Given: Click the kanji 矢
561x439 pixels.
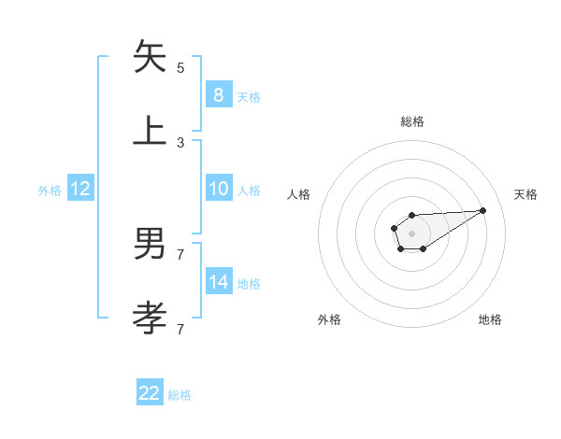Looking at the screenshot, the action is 151,57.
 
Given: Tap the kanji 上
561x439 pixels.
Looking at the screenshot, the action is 151,131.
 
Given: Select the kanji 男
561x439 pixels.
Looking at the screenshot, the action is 151,244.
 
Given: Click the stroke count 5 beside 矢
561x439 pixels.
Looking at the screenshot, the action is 180,68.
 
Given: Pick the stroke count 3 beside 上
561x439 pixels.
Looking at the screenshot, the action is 180,143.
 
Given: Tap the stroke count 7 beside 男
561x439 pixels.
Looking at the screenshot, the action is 180,254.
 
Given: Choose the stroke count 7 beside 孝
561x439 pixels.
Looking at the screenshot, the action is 180,329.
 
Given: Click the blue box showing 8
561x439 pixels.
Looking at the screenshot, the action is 218,94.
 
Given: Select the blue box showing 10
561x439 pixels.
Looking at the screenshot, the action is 218,189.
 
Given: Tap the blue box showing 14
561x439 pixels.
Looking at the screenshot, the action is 218,282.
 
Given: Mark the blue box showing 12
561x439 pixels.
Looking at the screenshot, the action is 80,189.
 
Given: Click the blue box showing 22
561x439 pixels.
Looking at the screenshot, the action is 150,393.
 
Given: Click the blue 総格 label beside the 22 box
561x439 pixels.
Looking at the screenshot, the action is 180,395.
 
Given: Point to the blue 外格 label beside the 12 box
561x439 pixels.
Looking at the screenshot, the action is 50,191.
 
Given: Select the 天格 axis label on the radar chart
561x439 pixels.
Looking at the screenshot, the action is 525,194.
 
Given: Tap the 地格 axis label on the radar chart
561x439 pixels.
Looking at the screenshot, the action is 490,319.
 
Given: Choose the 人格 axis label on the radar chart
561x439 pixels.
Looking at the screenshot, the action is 299,194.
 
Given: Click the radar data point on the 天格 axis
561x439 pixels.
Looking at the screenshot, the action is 483,209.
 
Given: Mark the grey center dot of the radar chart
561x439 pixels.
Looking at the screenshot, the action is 411,233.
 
